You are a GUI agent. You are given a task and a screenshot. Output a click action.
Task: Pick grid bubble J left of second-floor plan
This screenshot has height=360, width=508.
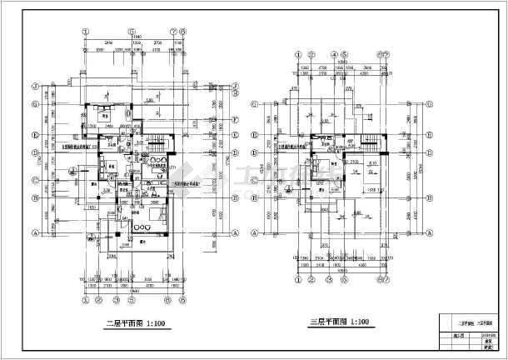coord(34,86)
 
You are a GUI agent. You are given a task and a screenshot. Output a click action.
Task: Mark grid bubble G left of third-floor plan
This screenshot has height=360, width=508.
coord(255,105)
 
